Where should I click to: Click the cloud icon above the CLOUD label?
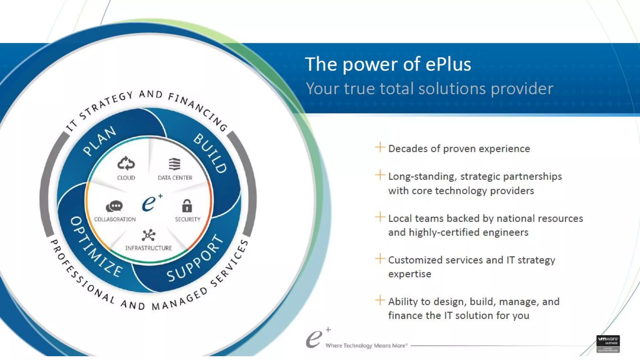pos(126,163)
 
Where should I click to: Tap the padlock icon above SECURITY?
pos(187,206)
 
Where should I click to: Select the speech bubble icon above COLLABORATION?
pos(114,206)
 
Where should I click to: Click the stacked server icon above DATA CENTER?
pos(174,164)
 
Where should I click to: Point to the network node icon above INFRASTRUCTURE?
pos(148,235)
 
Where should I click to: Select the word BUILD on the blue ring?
pos(210,153)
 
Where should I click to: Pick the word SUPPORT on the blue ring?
pos(196,258)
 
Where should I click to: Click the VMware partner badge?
pos(608,344)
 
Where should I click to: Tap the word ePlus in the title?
pos(448,64)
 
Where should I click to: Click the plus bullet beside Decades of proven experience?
pos(380,147)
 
